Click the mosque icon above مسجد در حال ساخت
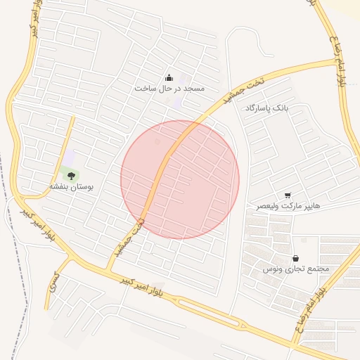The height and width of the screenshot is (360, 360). tap(169, 78)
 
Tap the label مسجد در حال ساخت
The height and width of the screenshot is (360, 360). tap(169, 89)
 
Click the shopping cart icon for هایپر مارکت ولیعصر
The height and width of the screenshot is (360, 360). tap(288, 195)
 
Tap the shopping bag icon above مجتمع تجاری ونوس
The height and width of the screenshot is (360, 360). tap(295, 258)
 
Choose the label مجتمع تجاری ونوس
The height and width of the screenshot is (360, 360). tap(295, 269)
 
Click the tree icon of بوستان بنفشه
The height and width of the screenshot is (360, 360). tap(71, 175)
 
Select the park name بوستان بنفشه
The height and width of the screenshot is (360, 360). tap(76, 187)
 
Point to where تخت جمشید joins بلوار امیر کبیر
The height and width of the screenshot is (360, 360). tap(110, 269)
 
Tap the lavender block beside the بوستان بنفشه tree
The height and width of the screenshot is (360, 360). tap(68, 156)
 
